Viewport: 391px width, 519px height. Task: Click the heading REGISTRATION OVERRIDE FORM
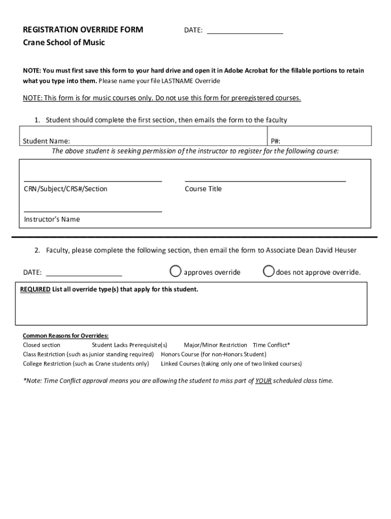click(x=83, y=30)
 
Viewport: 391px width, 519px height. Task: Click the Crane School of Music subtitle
click(x=64, y=43)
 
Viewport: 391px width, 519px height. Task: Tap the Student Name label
click(x=47, y=141)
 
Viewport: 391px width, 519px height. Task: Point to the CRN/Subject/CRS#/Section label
click(x=66, y=189)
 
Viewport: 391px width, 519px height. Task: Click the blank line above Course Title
click(x=265, y=177)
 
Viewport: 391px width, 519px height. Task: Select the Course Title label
click(x=203, y=189)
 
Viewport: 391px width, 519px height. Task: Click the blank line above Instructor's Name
click(x=93, y=207)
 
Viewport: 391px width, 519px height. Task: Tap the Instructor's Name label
click(x=52, y=219)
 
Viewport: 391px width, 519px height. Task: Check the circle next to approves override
click(x=175, y=272)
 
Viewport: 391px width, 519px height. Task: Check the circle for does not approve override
click(x=269, y=272)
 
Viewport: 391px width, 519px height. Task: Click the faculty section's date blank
click(x=84, y=272)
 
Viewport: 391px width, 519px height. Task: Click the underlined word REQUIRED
click(x=35, y=289)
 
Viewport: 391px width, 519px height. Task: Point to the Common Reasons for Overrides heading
click(x=66, y=336)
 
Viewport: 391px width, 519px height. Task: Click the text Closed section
click(x=42, y=345)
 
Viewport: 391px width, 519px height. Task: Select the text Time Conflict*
click(x=271, y=345)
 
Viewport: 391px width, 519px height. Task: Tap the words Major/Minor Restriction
click(x=215, y=345)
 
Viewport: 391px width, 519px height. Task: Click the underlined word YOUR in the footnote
click(x=263, y=381)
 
